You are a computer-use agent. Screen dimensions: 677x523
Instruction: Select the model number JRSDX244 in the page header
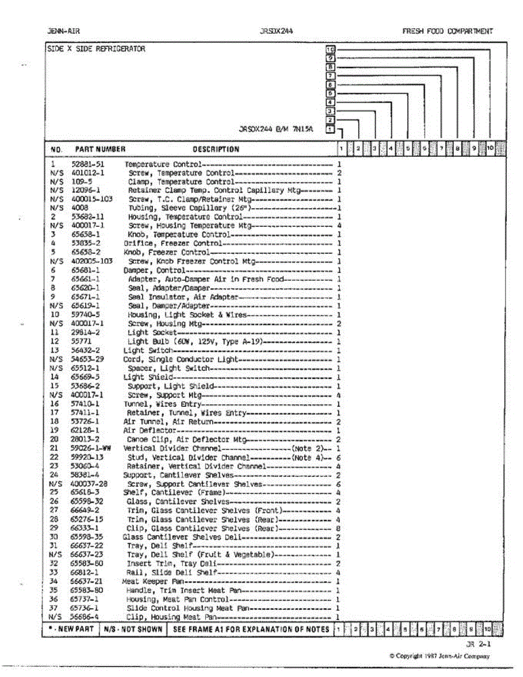(x=276, y=32)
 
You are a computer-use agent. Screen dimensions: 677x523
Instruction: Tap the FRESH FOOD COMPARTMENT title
(x=447, y=32)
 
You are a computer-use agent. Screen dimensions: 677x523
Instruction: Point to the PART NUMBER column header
(x=100, y=150)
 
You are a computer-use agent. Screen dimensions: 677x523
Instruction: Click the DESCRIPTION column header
(x=216, y=150)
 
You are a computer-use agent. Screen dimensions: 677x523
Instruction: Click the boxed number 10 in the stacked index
(x=331, y=50)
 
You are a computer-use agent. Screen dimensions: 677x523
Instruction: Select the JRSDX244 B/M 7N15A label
(x=276, y=129)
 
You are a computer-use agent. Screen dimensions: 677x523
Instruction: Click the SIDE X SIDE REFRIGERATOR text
(x=95, y=49)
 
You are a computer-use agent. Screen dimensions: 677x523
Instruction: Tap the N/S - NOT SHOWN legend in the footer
(x=133, y=629)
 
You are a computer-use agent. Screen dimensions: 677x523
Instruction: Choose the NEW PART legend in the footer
(x=71, y=629)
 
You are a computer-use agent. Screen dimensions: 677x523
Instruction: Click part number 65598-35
(x=86, y=537)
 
